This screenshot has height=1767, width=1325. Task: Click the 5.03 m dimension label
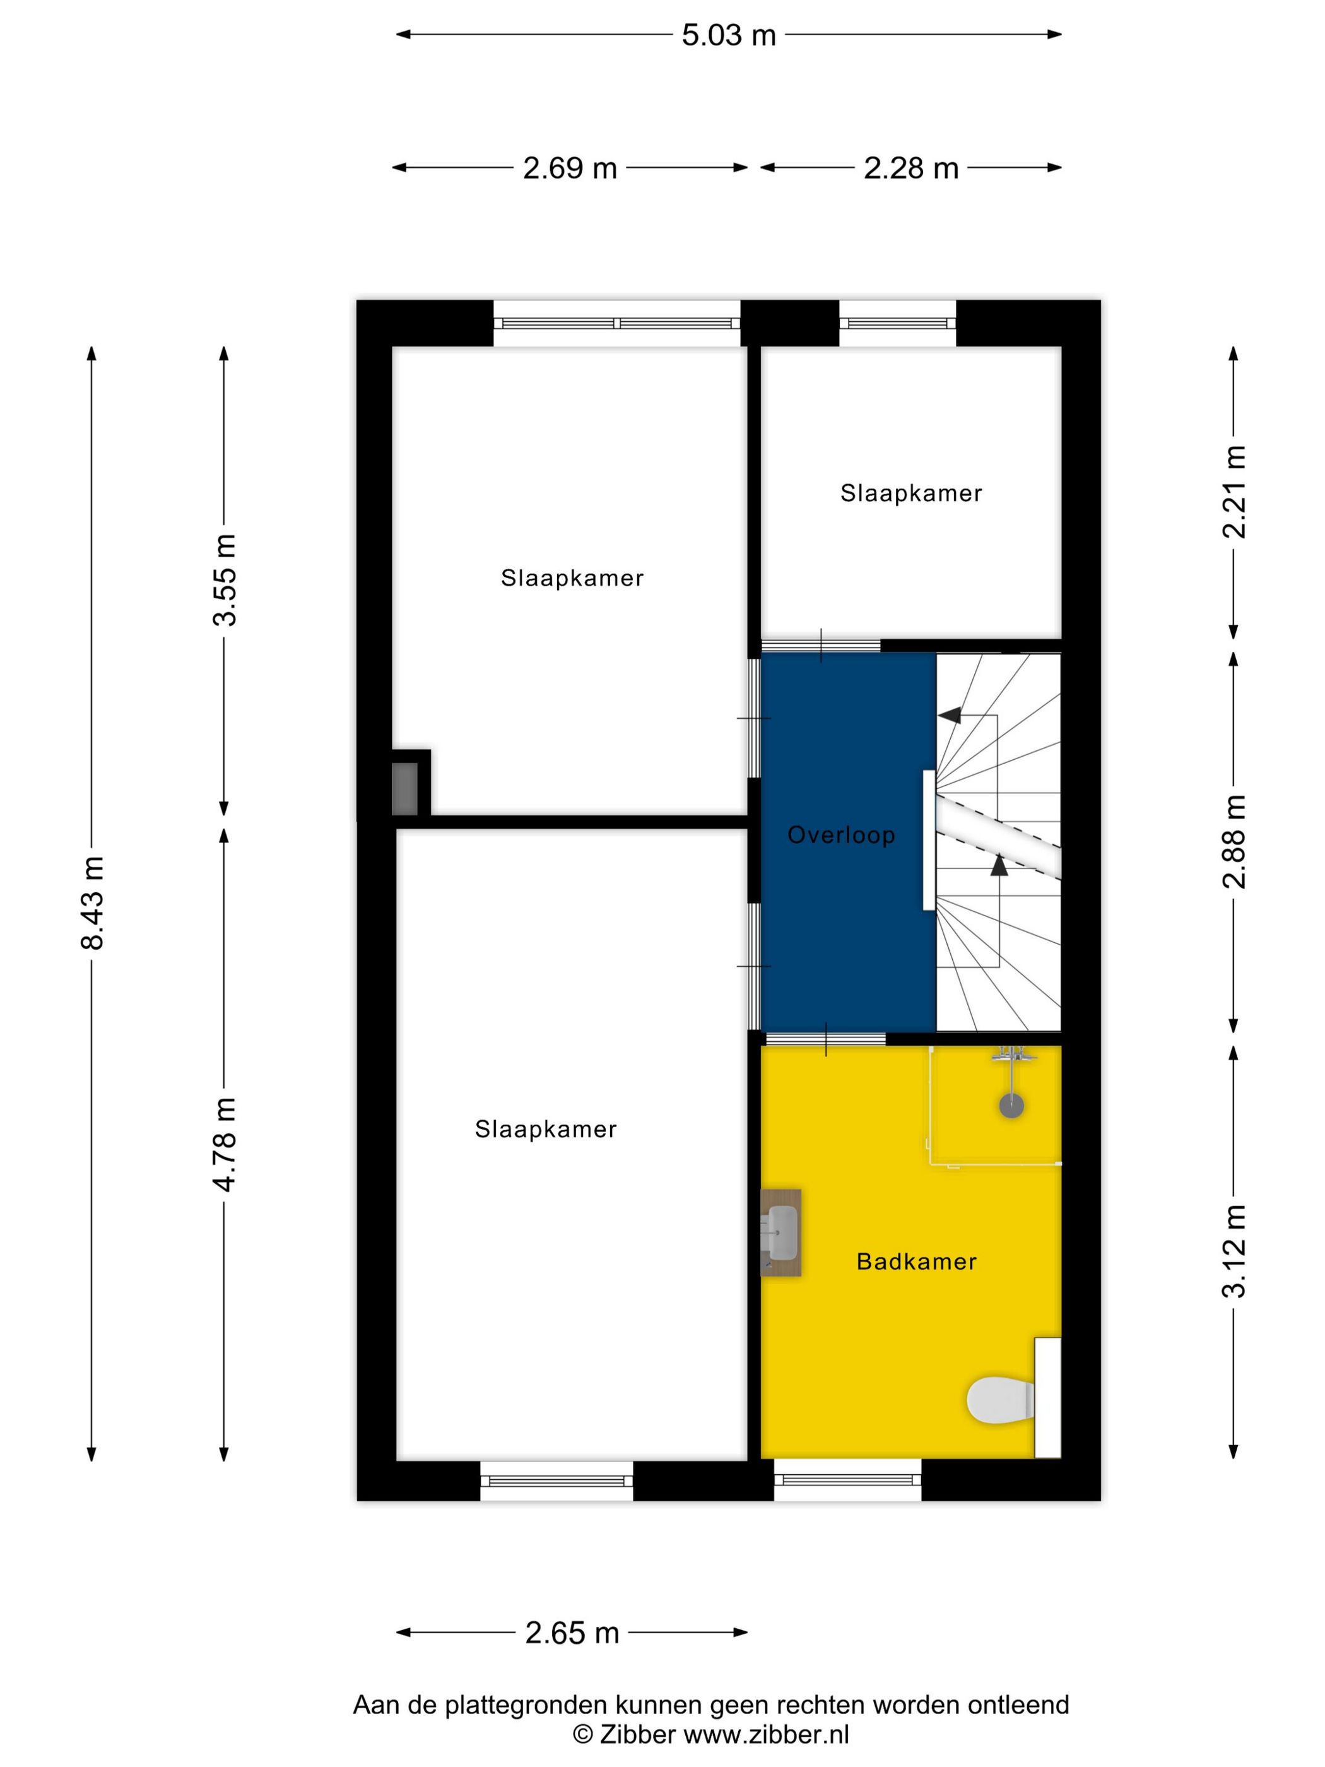(x=728, y=35)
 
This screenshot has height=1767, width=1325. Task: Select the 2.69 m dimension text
(x=570, y=168)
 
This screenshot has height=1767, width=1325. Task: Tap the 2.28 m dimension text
(x=910, y=168)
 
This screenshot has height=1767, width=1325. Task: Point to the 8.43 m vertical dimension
(x=93, y=902)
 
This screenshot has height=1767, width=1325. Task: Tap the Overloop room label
(x=841, y=836)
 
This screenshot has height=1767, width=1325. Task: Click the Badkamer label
(x=916, y=1262)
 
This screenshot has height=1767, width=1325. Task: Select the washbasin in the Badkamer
(x=780, y=1232)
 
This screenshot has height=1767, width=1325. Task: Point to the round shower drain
(x=1011, y=1106)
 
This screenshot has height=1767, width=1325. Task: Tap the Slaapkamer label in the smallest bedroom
(x=910, y=493)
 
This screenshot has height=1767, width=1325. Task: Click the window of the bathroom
(x=847, y=1481)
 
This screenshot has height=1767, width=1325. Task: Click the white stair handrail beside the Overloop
(x=928, y=841)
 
